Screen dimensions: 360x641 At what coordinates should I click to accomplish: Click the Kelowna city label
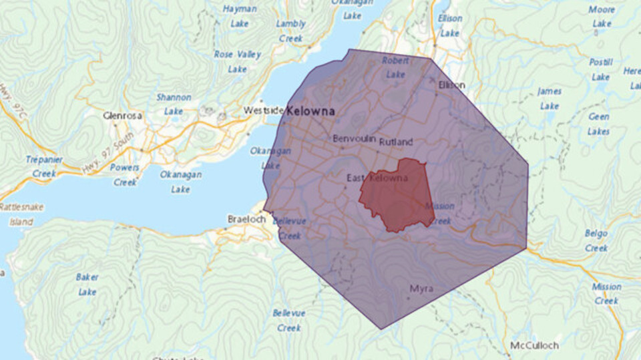(310, 112)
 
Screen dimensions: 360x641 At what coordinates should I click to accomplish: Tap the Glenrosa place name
(123, 116)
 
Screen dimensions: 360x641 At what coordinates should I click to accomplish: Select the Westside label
(263, 110)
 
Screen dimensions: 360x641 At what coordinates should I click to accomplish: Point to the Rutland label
(396, 142)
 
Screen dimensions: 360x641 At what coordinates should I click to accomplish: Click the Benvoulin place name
(354, 139)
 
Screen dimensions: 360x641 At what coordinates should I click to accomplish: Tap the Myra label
(421, 289)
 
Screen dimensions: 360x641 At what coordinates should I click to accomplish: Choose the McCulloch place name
(533, 345)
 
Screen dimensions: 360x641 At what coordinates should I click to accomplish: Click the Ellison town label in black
(451, 85)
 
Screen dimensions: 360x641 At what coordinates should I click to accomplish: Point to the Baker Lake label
(87, 284)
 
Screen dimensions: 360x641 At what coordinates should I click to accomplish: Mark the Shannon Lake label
(174, 104)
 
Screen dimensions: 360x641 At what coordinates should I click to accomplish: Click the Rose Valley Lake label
(237, 61)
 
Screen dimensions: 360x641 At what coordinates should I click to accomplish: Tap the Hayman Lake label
(240, 16)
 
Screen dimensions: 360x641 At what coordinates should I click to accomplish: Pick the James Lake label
(550, 98)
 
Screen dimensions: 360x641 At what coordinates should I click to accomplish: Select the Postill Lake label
(600, 69)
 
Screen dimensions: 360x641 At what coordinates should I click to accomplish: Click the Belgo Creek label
(596, 240)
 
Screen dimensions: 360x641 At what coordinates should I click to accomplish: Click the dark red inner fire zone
(398, 197)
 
